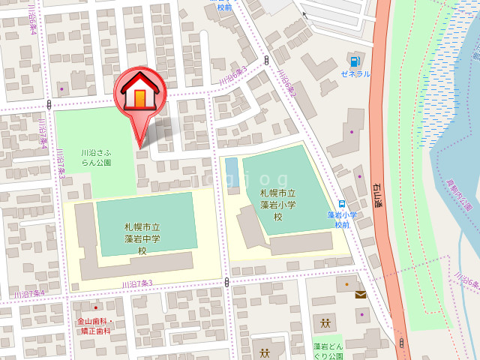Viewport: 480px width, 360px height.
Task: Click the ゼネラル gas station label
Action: pos(355,73)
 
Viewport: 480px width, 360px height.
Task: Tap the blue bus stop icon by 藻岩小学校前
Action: pos(342,203)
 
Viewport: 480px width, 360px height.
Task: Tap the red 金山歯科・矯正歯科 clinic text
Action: pos(94,325)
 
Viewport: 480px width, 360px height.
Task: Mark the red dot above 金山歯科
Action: pos(95,307)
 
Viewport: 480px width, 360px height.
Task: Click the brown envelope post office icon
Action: pos(361,295)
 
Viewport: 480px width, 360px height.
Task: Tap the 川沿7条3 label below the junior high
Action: pos(136,283)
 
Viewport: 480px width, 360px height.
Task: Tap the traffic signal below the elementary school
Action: pos(226,282)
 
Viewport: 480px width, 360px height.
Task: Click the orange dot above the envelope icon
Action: pos(346,285)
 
